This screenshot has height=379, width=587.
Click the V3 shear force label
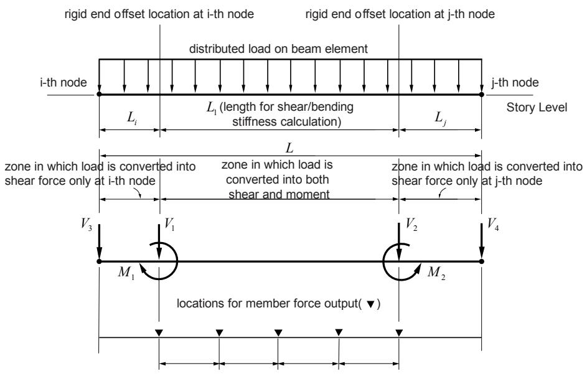[87, 225]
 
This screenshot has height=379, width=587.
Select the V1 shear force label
[169, 225]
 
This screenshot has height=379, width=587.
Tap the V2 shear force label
[412, 225]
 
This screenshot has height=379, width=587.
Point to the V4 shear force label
[493, 225]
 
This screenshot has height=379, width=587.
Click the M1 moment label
[126, 273]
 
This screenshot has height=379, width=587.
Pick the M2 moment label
[436, 273]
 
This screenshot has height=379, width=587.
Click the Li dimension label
[132, 118]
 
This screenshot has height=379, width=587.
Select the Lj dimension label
[440, 118]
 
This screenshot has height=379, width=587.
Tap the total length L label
[289, 148]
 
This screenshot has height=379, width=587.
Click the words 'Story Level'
[537, 108]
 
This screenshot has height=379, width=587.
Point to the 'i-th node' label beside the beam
[63, 82]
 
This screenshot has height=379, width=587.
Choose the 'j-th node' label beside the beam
[515, 82]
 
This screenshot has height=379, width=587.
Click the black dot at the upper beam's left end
[99, 94]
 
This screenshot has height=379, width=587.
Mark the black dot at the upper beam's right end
[481, 94]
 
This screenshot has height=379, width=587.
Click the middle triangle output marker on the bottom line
[278, 332]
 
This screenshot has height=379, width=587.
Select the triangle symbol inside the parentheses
[370, 304]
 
